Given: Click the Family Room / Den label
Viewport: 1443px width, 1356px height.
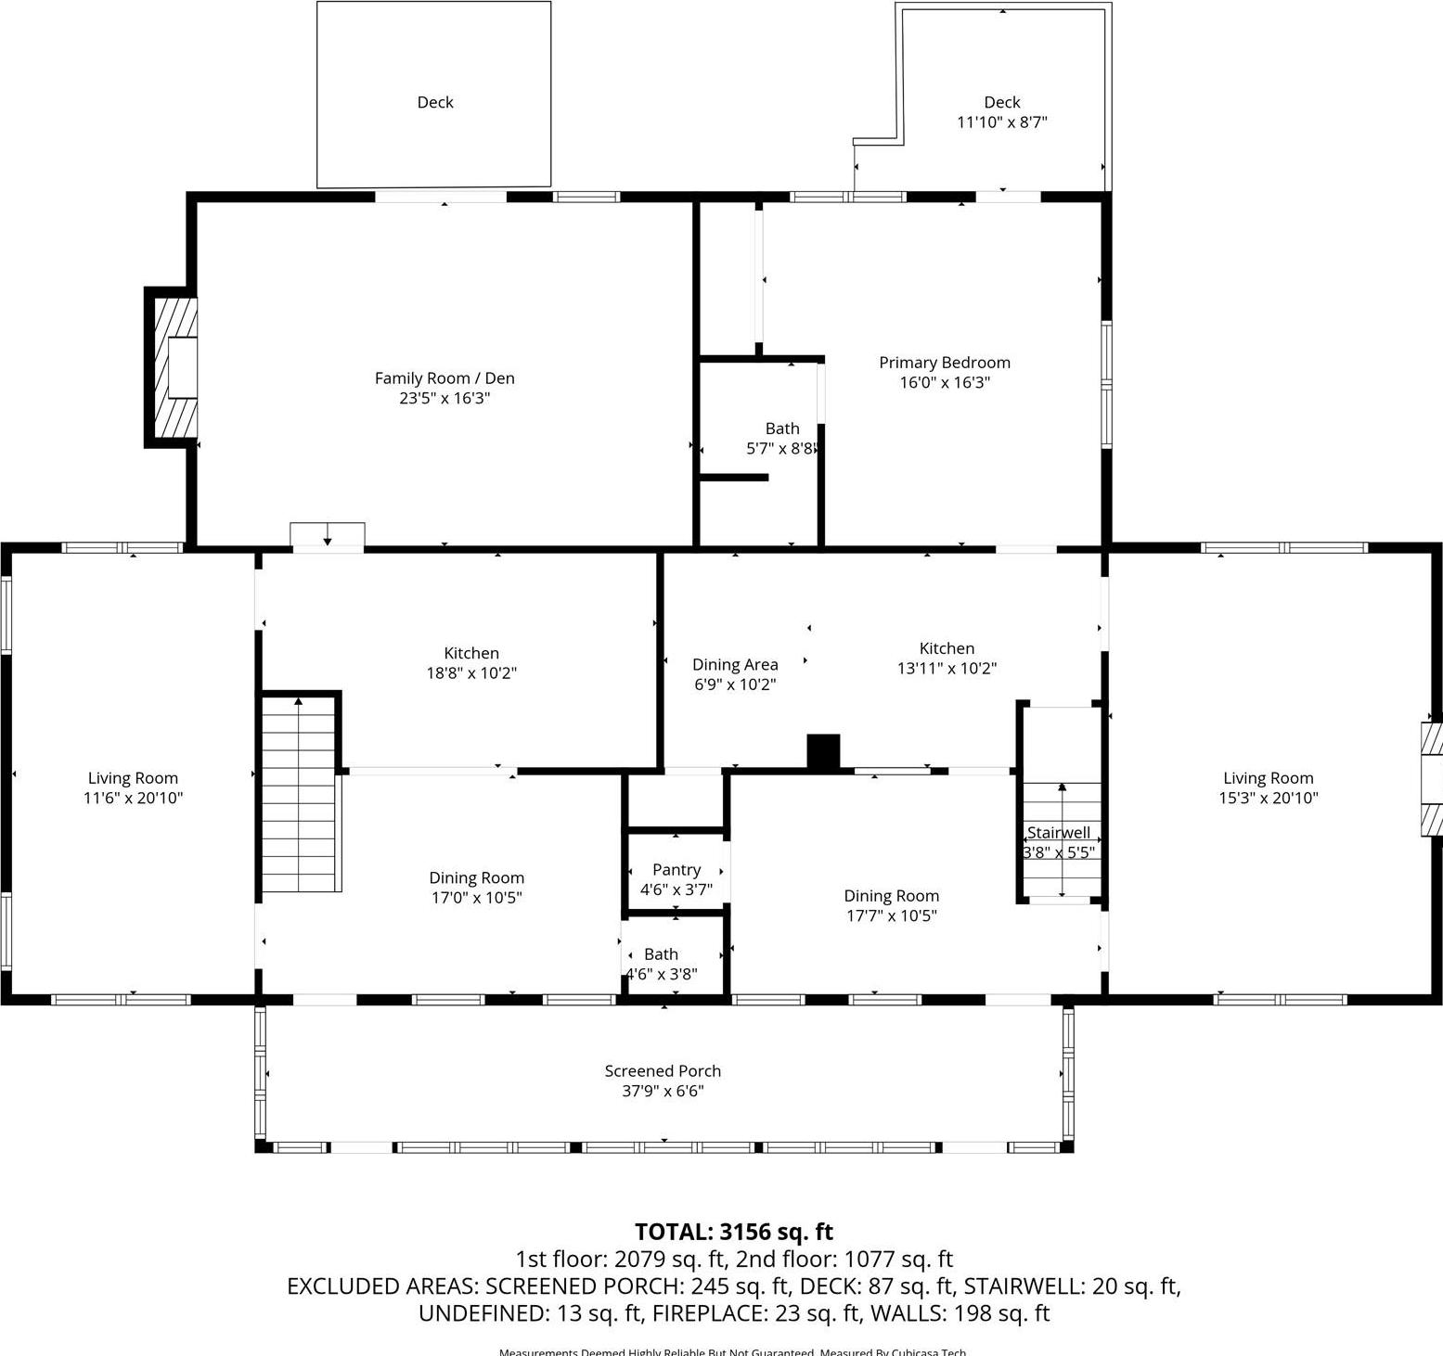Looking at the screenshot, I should pyautogui.click(x=444, y=378).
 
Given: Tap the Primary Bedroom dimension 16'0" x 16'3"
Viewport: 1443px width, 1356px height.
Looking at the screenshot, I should pyautogui.click(x=945, y=383).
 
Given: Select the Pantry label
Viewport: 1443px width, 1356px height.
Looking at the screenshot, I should pyautogui.click(x=676, y=870).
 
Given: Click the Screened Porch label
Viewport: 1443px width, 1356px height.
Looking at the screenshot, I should pyautogui.click(x=663, y=1071).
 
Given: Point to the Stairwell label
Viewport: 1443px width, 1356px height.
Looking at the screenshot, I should pyautogui.click(x=1058, y=833).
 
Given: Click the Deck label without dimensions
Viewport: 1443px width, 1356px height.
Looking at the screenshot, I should pyautogui.click(x=434, y=102).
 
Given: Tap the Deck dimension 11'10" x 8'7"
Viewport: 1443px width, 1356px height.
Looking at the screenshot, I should pyautogui.click(x=1001, y=122).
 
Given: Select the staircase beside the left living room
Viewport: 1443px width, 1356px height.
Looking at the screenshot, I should pyautogui.click(x=299, y=794).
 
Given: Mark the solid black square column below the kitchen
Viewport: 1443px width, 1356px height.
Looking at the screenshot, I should pyautogui.click(x=823, y=751).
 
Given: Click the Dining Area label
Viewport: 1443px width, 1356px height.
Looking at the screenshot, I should pyautogui.click(x=735, y=665).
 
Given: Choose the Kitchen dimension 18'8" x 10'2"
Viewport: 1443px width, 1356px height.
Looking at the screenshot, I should pyautogui.click(x=471, y=673).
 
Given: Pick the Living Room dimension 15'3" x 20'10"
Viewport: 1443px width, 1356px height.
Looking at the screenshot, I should pyautogui.click(x=1268, y=799).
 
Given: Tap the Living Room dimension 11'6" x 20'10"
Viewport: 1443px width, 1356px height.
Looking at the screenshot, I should pyautogui.click(x=133, y=799).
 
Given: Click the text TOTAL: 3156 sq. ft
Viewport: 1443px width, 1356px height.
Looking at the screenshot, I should pyautogui.click(x=733, y=1232).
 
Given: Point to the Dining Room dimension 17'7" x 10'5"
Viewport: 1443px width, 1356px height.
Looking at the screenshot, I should pyautogui.click(x=891, y=916).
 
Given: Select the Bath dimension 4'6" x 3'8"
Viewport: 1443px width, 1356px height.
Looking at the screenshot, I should pyautogui.click(x=661, y=974).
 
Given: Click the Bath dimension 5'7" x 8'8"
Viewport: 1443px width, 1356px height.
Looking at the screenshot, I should pyautogui.click(x=781, y=449).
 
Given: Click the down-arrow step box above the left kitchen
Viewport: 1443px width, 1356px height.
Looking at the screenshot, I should pyautogui.click(x=328, y=536).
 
